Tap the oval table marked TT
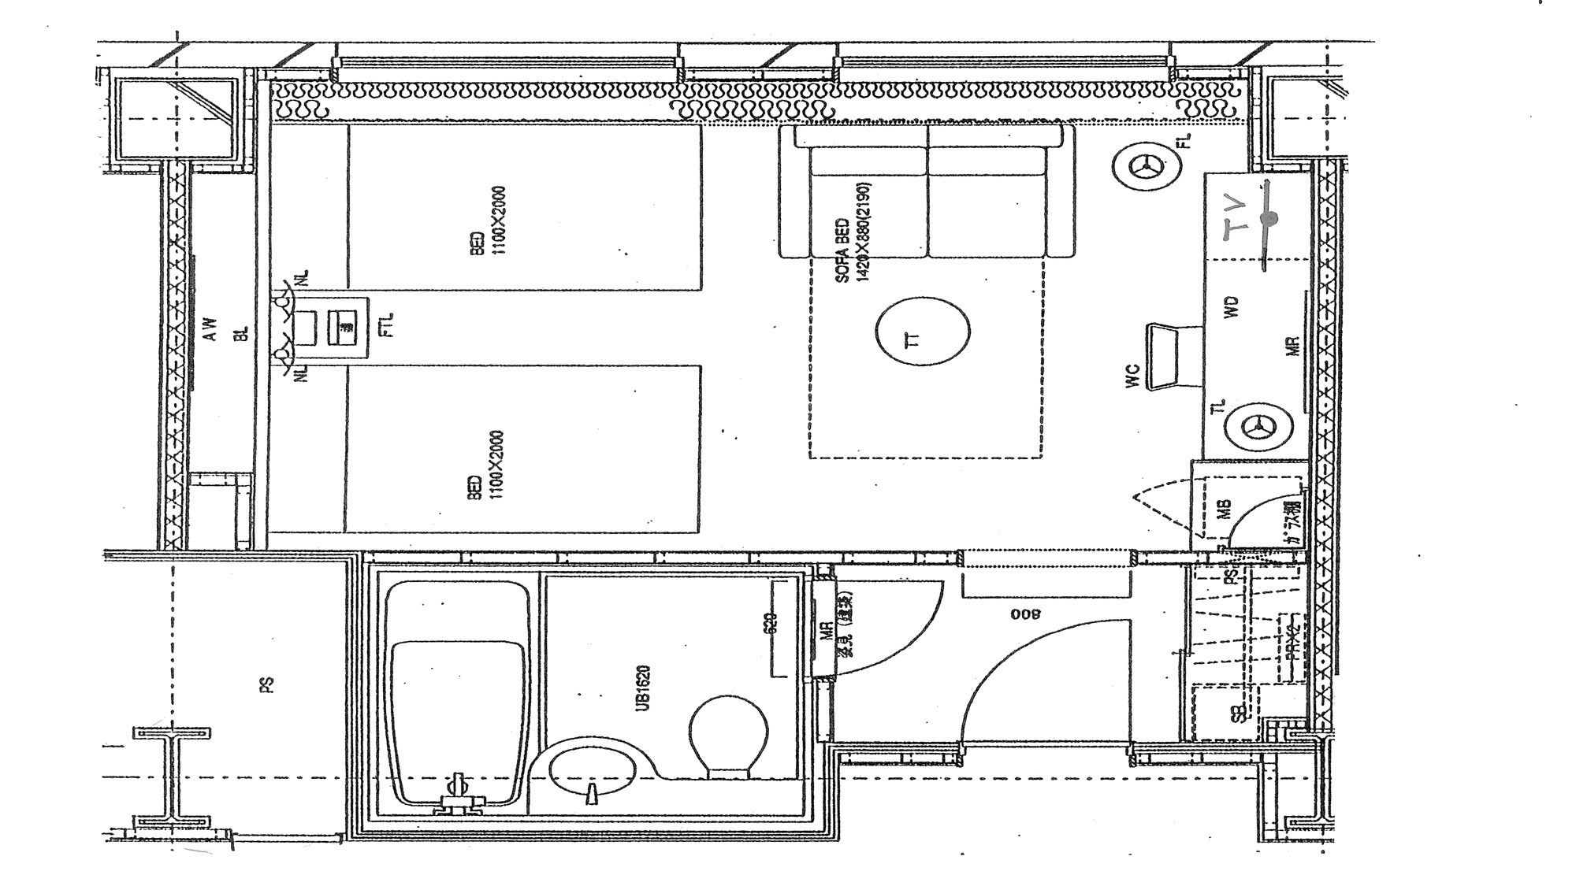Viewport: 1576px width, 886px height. pos(922,331)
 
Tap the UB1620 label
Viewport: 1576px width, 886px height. pos(643,688)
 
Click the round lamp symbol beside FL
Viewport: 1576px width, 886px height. pos(1147,166)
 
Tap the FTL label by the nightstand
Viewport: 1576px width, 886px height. pos(385,325)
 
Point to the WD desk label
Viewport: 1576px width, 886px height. pos(1233,306)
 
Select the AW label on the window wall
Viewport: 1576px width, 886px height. pos(210,328)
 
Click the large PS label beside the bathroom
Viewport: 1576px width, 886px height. pos(269,685)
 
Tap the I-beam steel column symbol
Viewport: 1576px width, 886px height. pos(173,777)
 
